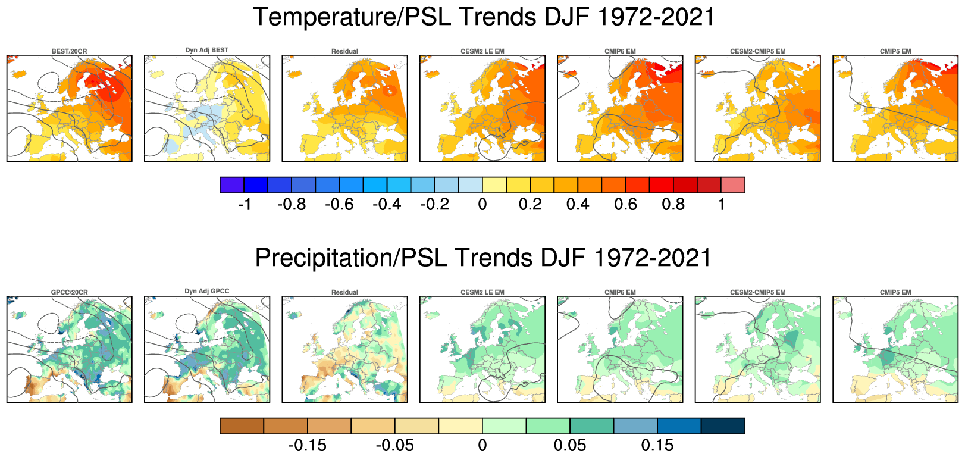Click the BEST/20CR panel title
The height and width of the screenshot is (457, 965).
click(69, 51)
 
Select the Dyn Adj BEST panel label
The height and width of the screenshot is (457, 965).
click(206, 50)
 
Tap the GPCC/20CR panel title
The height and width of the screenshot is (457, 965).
click(69, 292)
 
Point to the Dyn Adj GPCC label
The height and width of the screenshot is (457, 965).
click(206, 291)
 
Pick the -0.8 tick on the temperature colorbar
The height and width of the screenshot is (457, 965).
click(292, 205)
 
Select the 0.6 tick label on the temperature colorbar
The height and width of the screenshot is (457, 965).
click(625, 205)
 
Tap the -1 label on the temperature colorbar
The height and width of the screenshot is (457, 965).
click(244, 205)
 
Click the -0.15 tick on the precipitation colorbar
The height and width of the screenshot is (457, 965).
click(307, 445)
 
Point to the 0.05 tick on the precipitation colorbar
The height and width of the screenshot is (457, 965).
click(569, 445)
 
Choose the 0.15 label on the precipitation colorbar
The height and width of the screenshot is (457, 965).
click(657, 445)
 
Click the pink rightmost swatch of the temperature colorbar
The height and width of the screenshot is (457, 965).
click(732, 185)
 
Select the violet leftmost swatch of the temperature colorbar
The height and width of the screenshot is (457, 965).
click(232, 185)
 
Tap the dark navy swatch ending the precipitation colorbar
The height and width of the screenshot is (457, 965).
click(723, 426)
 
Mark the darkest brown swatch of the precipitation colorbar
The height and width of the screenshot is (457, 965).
click(242, 426)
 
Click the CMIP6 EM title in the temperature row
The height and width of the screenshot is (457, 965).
click(620, 51)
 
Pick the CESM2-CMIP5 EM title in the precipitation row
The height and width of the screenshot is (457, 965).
click(757, 292)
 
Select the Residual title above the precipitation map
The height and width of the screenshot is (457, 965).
click(344, 292)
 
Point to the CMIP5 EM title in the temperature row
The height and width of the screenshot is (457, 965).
click(895, 51)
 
